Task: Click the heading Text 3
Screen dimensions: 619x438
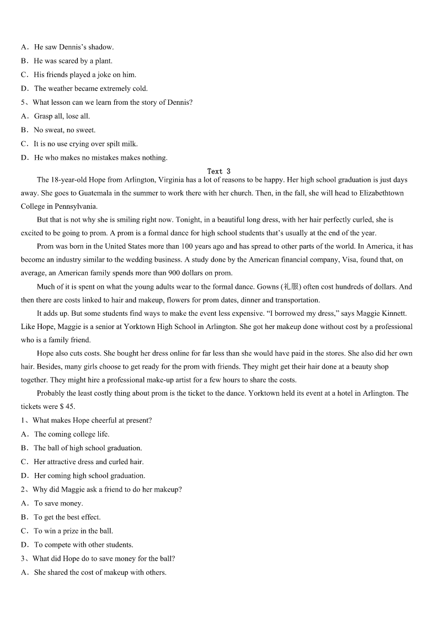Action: pyautogui.click(x=219, y=171)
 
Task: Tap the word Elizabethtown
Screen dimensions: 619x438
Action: pyautogui.click(x=381, y=193)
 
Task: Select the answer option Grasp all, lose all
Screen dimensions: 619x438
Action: pyautogui.click(x=62, y=116)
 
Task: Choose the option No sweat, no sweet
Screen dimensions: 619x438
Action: pyautogui.click(x=65, y=130)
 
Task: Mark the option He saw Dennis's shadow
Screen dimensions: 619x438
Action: pyautogui.click(x=73, y=47)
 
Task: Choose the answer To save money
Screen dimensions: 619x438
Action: pyautogui.click(x=58, y=503)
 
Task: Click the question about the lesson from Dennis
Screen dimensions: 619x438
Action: pyautogui.click(x=113, y=102)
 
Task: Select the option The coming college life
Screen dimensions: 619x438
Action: pyautogui.click(x=72, y=434)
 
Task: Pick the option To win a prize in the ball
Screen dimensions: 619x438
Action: pyautogui.click(x=73, y=531)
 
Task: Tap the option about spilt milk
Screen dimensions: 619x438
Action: pyautogui.click(x=86, y=144)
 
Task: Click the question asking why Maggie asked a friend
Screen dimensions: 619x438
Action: pyautogui.click(x=107, y=489)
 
